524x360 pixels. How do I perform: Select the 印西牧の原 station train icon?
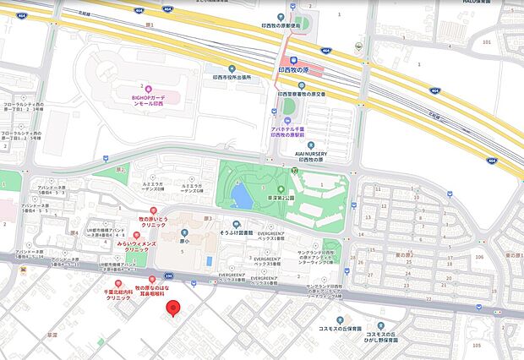tap(293, 60)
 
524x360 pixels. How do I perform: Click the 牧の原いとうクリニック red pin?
tap(153, 210)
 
